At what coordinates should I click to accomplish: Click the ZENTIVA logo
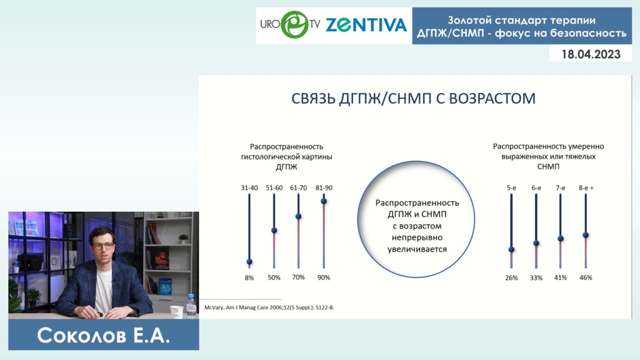pos(366,25)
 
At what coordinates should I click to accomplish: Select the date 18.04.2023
pos(591,54)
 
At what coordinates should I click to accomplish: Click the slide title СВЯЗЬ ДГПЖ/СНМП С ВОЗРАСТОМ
pos(413,98)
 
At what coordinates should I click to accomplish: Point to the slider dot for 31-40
pos(249,262)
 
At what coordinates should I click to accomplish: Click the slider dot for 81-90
pos(324,201)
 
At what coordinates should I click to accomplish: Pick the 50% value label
pos(274,277)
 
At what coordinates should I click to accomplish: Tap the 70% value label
pos(298,277)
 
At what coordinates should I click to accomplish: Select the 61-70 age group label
pos(298,187)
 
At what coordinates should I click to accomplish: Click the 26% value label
pos(511,278)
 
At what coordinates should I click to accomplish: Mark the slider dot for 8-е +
pos(586,235)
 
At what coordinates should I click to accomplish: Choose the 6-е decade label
pos(536,187)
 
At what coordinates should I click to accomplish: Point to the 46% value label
pos(586,277)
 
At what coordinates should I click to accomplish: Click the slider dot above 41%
pos(561,238)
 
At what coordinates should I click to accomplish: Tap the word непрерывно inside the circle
pos(417,237)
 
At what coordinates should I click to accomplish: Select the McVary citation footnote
pos(269,307)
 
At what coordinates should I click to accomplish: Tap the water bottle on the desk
pos(191,305)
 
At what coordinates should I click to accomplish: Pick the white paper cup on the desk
pos(176,311)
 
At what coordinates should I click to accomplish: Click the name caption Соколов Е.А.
pos(103,336)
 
